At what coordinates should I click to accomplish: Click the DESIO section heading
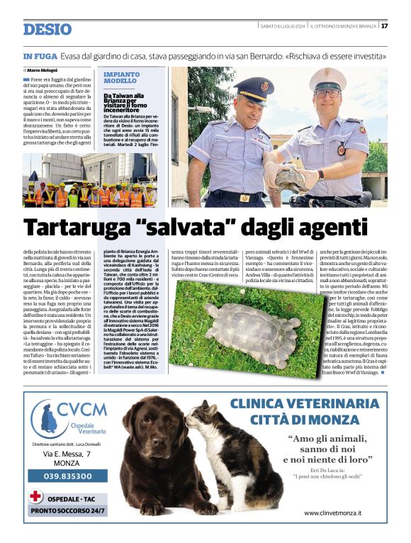47,29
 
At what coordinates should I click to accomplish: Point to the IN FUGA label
38,56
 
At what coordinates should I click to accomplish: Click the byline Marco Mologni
42,70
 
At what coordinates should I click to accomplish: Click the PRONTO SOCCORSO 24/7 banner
68,510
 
